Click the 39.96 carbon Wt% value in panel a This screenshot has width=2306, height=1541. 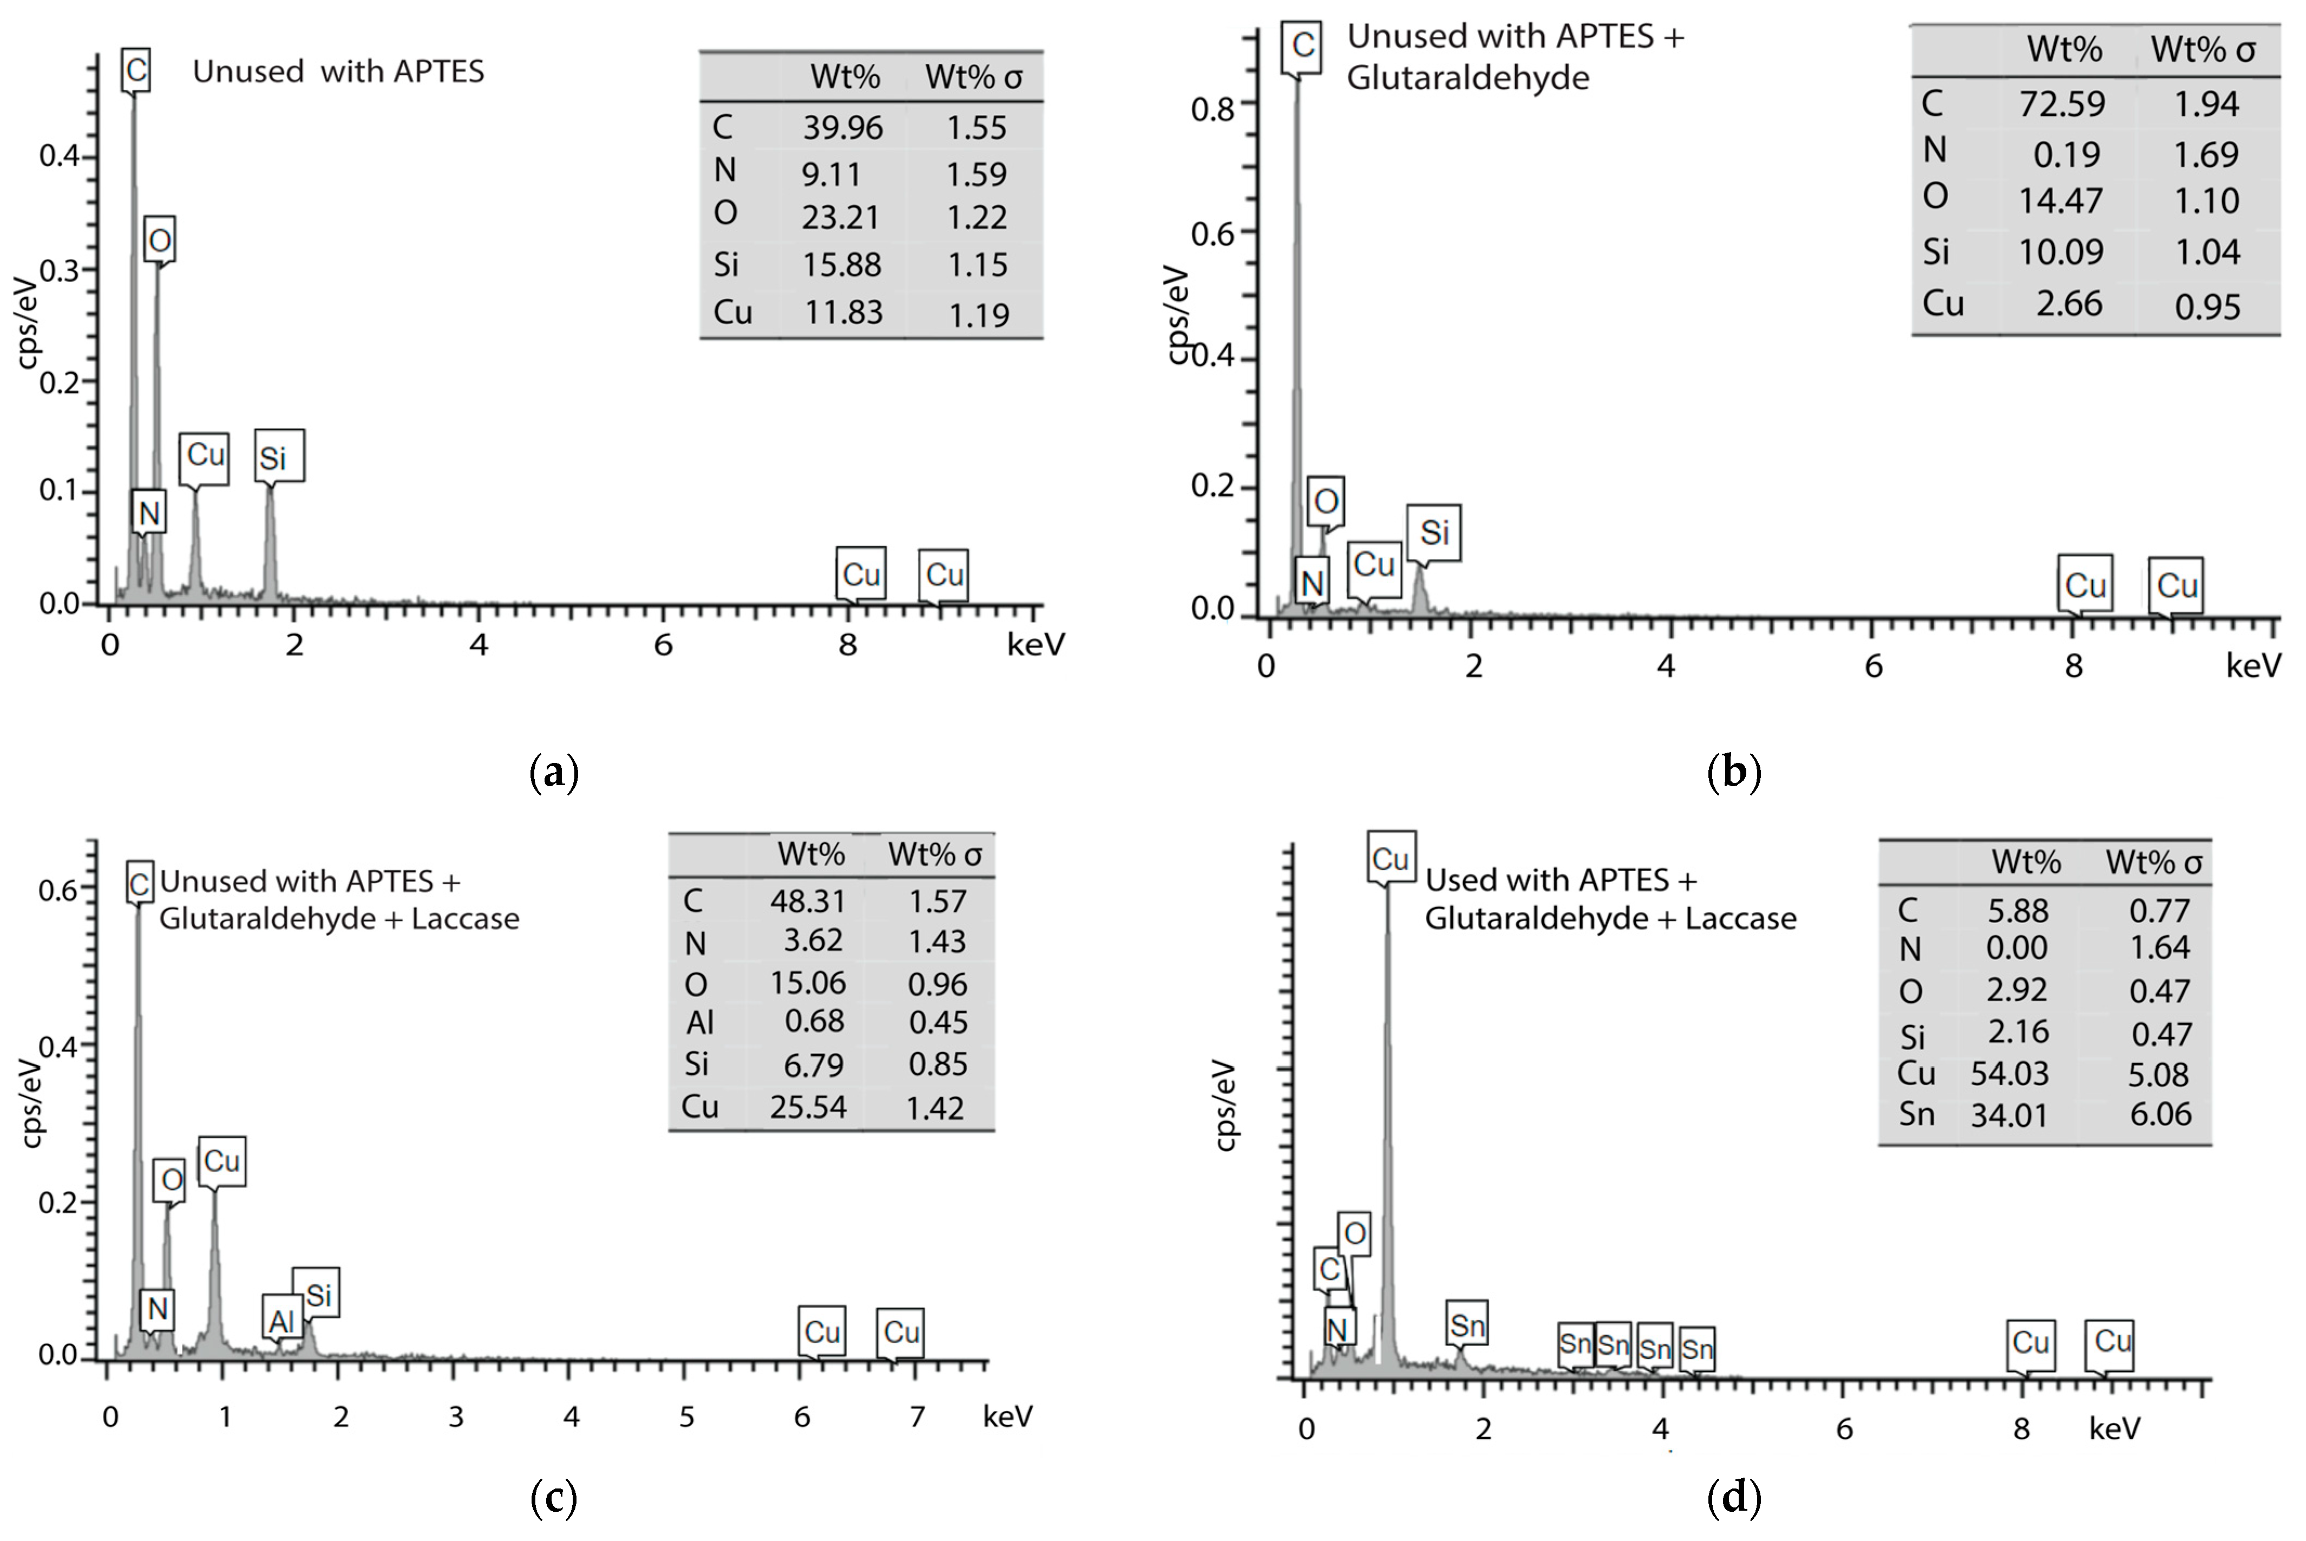pos(842,128)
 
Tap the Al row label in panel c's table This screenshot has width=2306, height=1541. pos(699,1022)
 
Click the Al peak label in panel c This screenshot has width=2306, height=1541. pos(281,1322)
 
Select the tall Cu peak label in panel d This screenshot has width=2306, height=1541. pos(1390,859)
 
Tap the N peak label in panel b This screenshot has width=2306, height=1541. pos(1312,583)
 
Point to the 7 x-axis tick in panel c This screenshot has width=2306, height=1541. pos(916,1416)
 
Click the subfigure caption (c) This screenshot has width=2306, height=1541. pos(553,1498)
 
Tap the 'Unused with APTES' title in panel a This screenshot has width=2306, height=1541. pos(338,71)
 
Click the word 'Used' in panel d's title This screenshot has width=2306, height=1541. pos(1459,879)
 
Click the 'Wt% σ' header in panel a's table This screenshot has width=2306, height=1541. pos(973,77)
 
